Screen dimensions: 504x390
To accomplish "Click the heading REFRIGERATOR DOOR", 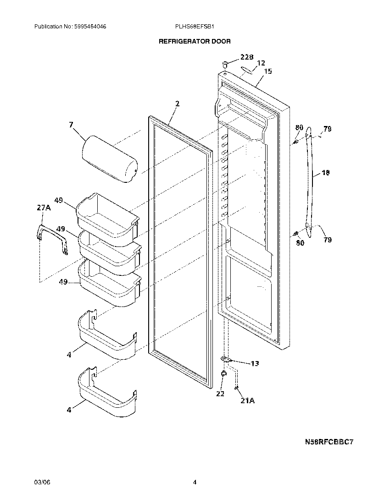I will tap(195, 41).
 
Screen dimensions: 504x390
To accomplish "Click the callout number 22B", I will tap(247, 57).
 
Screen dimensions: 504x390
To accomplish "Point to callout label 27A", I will tap(44, 208).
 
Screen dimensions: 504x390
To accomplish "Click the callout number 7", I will tap(71, 124).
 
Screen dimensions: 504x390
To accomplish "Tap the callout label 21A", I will tap(247, 400).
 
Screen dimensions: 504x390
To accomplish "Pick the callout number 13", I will tap(254, 363).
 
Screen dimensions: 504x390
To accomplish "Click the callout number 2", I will tap(177, 104).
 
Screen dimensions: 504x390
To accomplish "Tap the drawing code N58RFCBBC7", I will tap(330, 442).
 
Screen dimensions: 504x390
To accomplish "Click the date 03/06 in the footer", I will tap(41, 482).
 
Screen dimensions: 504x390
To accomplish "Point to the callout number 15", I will tap(268, 71).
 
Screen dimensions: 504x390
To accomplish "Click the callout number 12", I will tap(261, 63).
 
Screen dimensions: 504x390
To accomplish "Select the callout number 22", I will tap(220, 393).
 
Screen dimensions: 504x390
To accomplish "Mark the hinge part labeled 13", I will tap(226, 360).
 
